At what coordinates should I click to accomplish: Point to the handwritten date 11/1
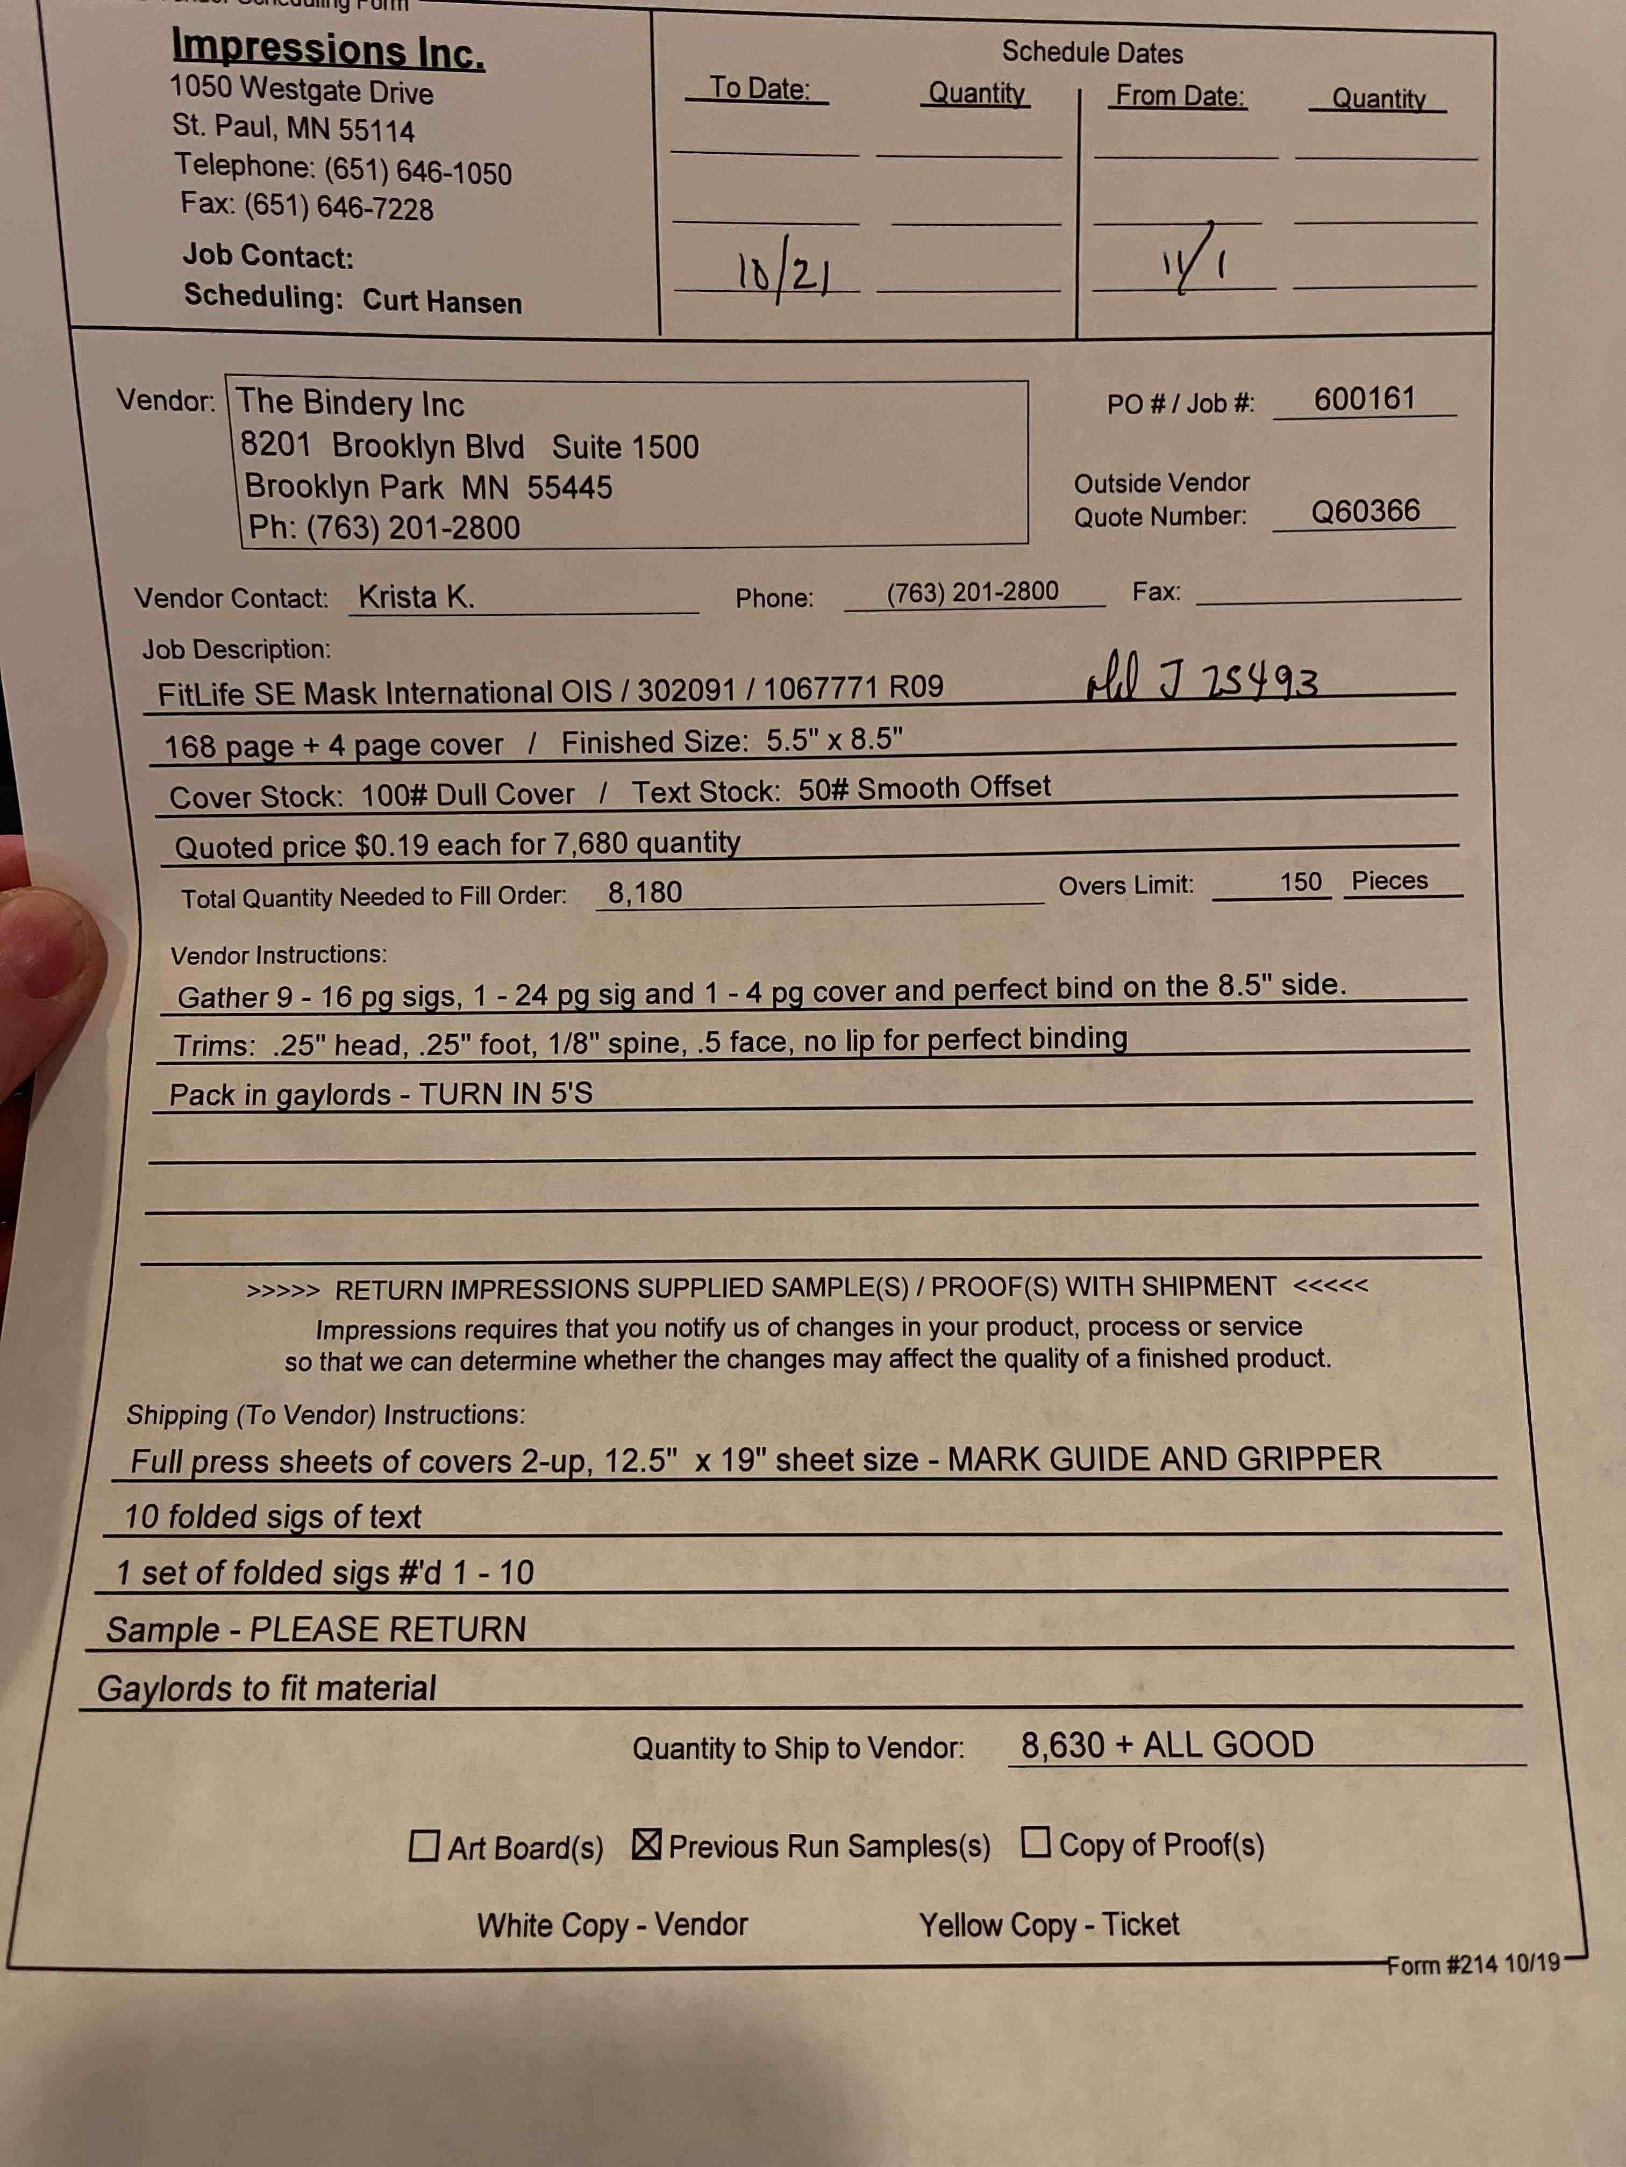(x=1194, y=262)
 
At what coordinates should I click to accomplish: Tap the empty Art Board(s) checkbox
(x=423, y=1847)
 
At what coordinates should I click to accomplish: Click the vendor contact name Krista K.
(x=416, y=597)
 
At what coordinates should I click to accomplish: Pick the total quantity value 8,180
(x=644, y=893)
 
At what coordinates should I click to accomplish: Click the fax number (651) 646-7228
(x=338, y=207)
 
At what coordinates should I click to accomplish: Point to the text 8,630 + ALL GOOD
(x=1166, y=1745)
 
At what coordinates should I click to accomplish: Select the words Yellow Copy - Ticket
(x=1048, y=1924)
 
